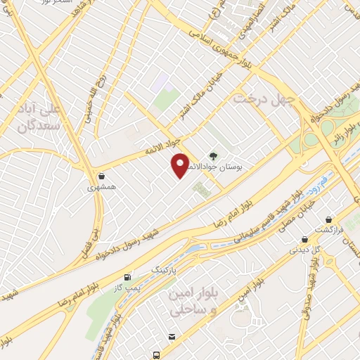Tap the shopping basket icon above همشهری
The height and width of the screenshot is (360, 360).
[103, 176]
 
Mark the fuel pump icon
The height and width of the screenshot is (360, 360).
[127, 277]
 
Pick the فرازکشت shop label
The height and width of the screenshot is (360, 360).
[329, 231]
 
